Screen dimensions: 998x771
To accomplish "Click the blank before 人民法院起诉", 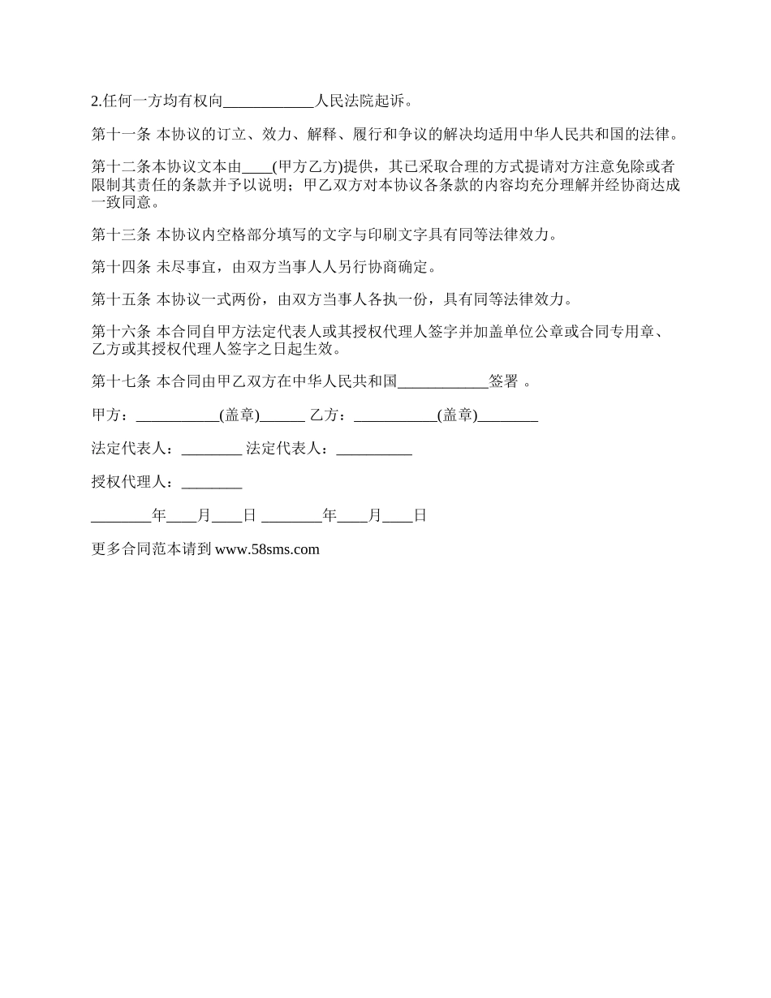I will click(x=268, y=102).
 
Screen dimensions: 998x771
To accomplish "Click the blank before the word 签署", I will click(x=443, y=382).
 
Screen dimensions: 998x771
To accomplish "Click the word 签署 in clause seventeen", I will click(x=503, y=381).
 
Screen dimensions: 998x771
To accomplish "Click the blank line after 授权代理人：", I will click(x=212, y=484).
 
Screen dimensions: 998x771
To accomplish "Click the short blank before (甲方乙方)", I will click(x=258, y=169).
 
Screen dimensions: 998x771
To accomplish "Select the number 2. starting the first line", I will click(x=97, y=102).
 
